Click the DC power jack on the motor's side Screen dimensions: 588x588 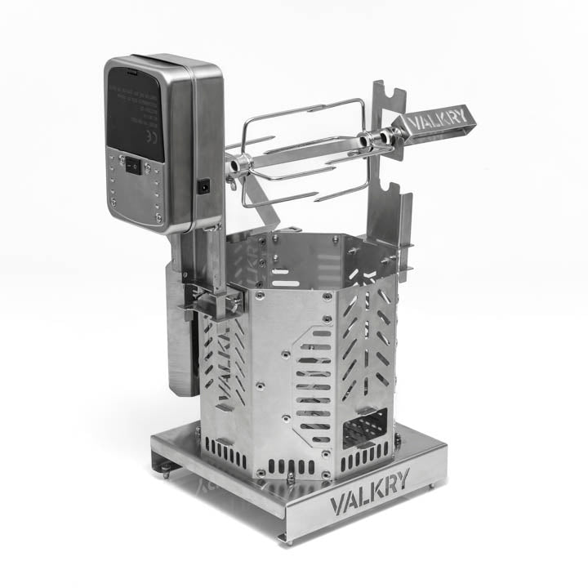click(x=203, y=186)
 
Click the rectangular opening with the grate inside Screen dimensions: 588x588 click(x=365, y=428)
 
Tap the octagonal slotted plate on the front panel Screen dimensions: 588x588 click(x=314, y=384)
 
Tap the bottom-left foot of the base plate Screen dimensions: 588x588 click(x=164, y=467)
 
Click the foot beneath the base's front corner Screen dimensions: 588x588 click(x=283, y=537)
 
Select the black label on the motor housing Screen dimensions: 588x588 click(x=136, y=114)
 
